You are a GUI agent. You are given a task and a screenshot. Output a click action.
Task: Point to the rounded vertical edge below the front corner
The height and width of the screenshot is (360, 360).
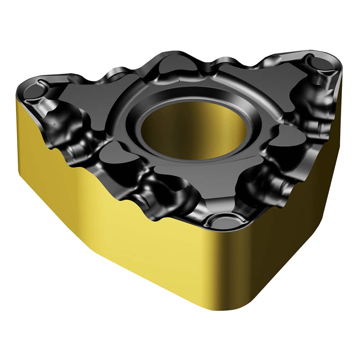coord(230,274)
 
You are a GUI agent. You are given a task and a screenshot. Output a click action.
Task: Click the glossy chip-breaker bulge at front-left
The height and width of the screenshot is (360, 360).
coord(155,202)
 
